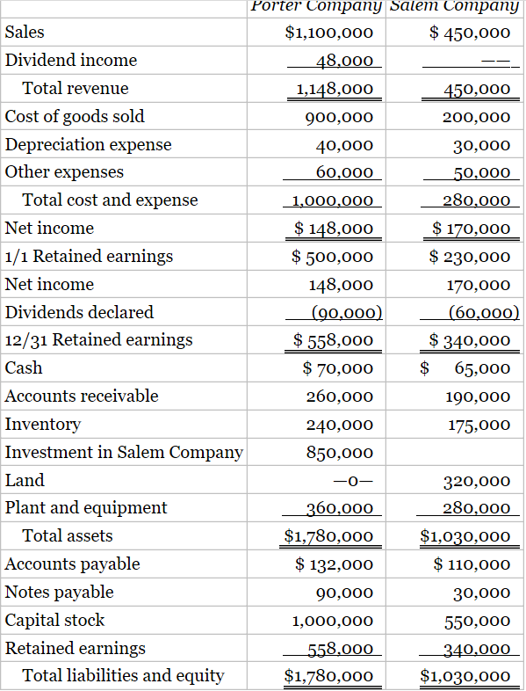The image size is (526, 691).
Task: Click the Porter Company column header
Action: [x=316, y=6]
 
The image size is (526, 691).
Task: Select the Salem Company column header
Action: [x=454, y=6]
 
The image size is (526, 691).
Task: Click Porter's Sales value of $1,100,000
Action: [x=329, y=33]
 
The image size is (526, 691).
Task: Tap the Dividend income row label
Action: [x=71, y=61]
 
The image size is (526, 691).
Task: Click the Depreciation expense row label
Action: [x=88, y=144]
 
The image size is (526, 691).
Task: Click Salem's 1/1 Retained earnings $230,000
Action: [x=470, y=257]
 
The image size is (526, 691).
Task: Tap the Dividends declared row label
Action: [x=79, y=312]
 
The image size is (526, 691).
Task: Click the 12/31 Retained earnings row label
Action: [x=98, y=340]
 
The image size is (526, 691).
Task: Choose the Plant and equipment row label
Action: [x=86, y=508]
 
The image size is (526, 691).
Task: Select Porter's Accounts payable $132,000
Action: [x=335, y=564]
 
